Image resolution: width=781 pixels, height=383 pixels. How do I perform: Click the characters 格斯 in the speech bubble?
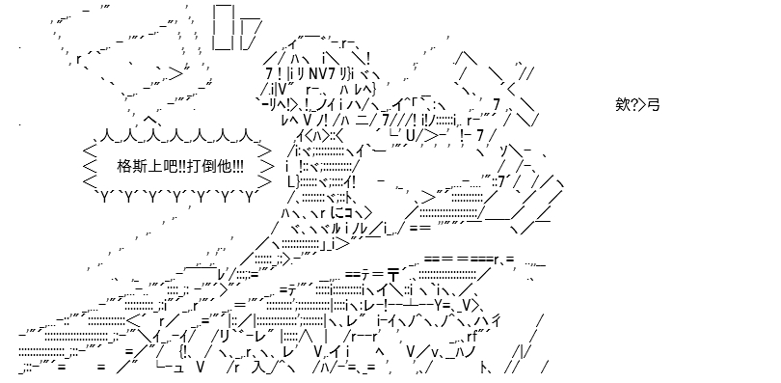(x=129, y=166)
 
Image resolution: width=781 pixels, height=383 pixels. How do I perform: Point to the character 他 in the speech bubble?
(x=224, y=166)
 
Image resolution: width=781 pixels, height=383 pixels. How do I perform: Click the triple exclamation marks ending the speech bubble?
(x=236, y=166)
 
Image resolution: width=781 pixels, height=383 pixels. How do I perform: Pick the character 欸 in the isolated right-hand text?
(x=622, y=105)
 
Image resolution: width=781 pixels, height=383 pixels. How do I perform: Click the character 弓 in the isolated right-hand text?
(x=654, y=105)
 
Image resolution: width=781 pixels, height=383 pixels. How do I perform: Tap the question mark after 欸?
(x=633, y=105)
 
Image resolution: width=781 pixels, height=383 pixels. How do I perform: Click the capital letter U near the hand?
(x=411, y=135)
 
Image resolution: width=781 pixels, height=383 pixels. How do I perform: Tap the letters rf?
(x=472, y=336)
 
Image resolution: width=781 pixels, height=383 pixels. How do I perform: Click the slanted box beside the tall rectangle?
(x=249, y=34)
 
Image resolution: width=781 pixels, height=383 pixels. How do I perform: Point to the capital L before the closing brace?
(x=291, y=181)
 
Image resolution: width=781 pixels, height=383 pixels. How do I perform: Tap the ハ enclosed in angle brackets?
(x=318, y=134)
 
